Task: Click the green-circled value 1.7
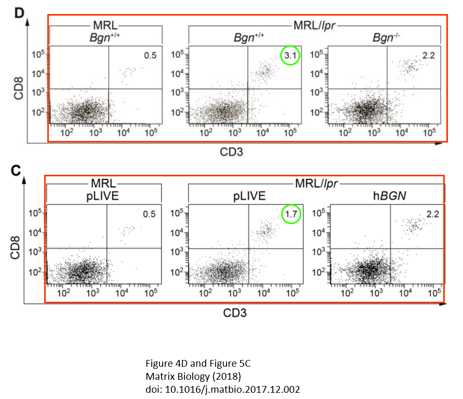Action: (291, 214)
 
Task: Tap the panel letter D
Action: (19, 14)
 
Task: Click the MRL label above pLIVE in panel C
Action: (103, 184)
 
